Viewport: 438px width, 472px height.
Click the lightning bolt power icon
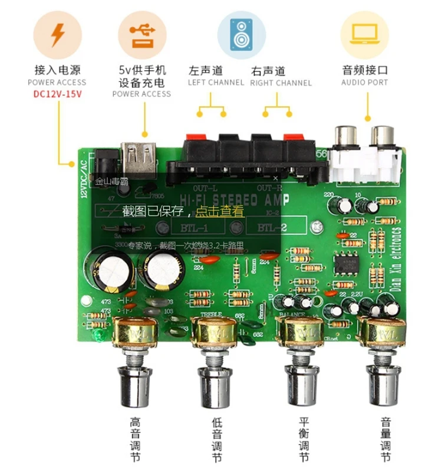click(x=57, y=34)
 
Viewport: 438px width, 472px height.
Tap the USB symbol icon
click(x=141, y=34)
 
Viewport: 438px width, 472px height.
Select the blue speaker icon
click(x=241, y=34)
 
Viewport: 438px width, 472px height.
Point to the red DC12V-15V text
click(x=57, y=94)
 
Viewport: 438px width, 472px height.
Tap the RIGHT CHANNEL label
click(x=281, y=83)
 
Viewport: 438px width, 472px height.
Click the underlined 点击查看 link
click(x=219, y=211)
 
